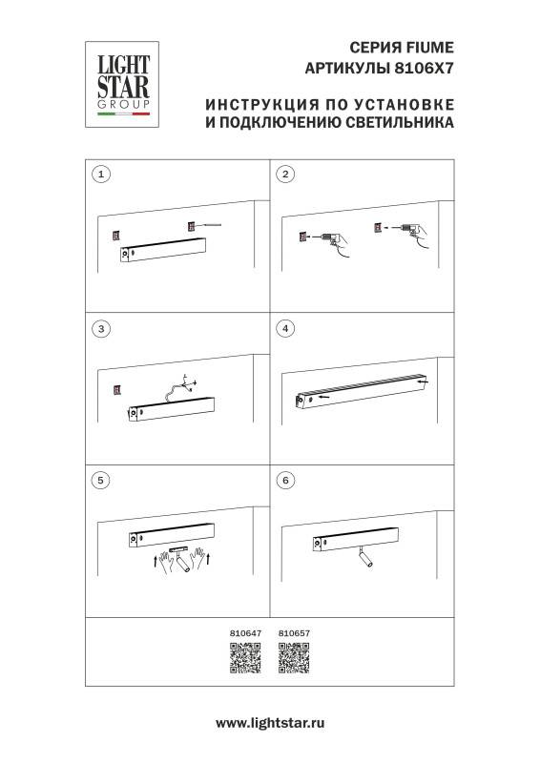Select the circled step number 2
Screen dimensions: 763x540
(283, 174)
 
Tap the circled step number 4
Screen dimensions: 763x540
(283, 328)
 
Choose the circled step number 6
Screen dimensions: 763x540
(283, 480)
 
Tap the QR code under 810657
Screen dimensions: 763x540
(293, 659)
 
